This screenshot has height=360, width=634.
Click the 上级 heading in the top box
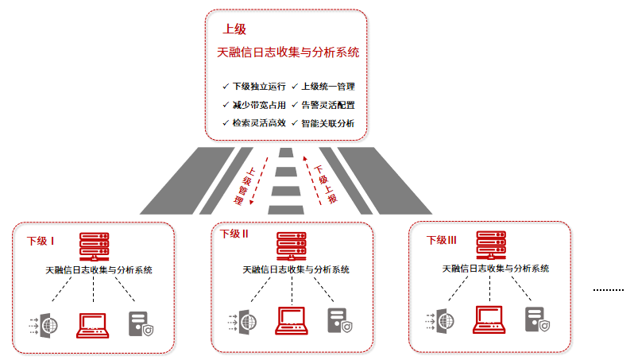click(x=234, y=29)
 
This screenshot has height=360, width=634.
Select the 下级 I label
click(x=41, y=241)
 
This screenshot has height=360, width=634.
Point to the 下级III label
click(x=442, y=240)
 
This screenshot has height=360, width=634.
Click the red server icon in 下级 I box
click(x=94, y=246)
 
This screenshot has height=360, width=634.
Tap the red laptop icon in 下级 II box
click(x=292, y=319)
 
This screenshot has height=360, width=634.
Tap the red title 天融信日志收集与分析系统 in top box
click(x=288, y=53)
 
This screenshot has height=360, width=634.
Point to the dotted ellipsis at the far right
click(x=609, y=291)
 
